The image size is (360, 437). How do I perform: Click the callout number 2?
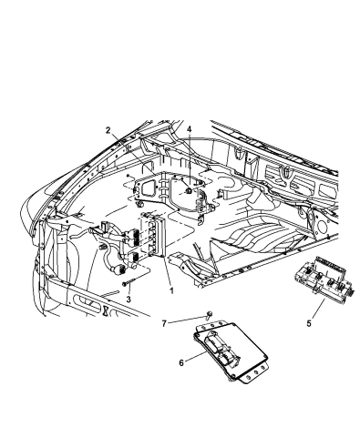pyautogui.click(x=108, y=131)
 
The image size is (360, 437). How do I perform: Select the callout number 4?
pyautogui.click(x=189, y=131)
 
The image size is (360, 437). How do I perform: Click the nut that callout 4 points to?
pyautogui.click(x=186, y=192)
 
